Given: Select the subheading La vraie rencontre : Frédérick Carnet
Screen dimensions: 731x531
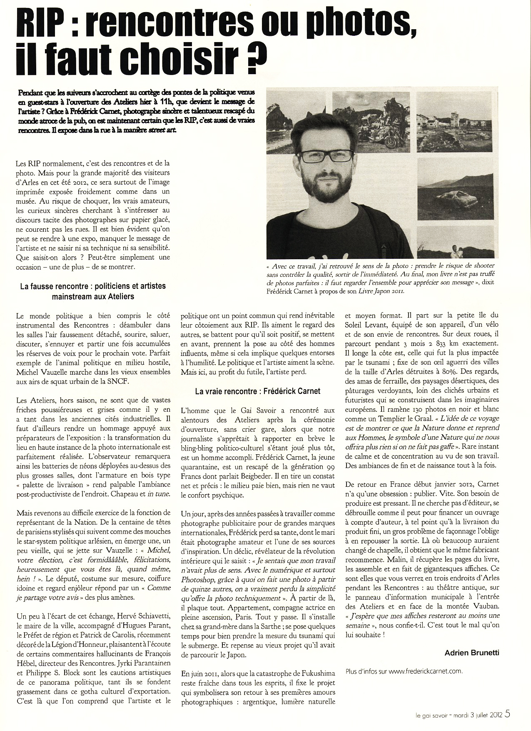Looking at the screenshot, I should pyautogui.click(x=258, y=391).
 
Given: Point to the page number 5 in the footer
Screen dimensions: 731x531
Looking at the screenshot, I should pyautogui.click(x=507, y=714).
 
